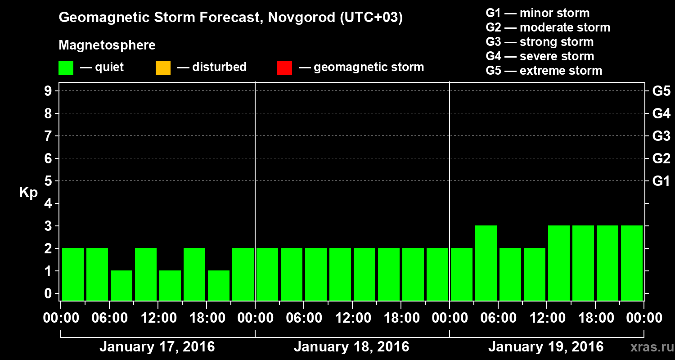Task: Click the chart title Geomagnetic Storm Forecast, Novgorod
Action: [230, 18]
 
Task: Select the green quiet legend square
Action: [66, 68]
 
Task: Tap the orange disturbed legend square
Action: [163, 68]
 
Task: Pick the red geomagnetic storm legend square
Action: [284, 68]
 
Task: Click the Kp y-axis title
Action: [28, 193]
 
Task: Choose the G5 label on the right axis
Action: [661, 91]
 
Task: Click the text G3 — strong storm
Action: [540, 42]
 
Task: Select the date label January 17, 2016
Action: [157, 347]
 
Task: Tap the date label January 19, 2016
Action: [545, 347]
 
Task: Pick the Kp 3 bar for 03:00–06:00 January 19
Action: [486, 263]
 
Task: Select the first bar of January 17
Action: [73, 274]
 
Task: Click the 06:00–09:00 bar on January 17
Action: [121, 285]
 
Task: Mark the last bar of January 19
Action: [632, 263]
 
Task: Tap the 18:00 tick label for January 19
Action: [595, 318]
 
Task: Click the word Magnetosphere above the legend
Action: [107, 45]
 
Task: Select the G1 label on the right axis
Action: [661, 181]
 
